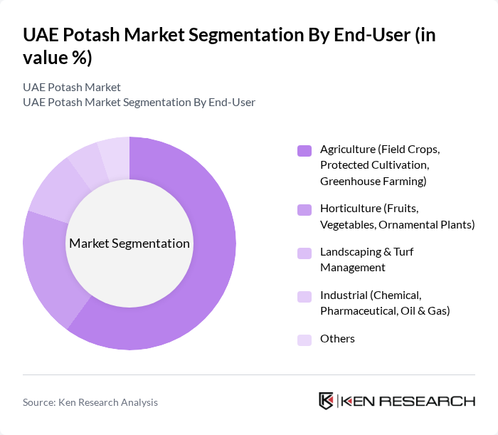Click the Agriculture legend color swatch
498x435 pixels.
point(304,150)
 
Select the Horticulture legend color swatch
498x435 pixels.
point(304,209)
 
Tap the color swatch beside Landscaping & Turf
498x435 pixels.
point(304,253)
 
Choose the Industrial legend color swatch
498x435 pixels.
point(304,296)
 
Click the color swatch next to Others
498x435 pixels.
point(304,339)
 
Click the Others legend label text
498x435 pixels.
point(337,339)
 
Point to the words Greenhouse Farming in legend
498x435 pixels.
point(373,182)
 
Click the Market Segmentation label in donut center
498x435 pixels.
point(129,243)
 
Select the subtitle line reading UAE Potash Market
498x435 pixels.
point(72,88)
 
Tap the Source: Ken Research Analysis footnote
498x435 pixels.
point(90,402)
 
